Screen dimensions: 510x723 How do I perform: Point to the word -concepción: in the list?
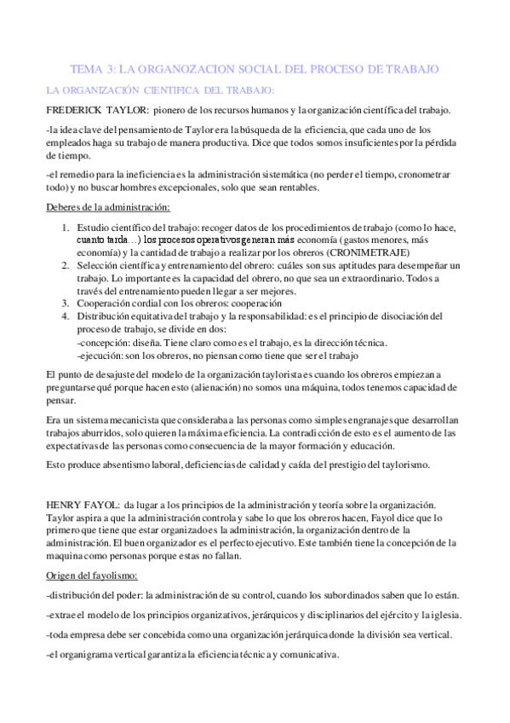pos(103,342)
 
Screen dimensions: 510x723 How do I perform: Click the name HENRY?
pos(64,506)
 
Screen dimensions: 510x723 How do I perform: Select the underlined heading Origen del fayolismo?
pos(95,576)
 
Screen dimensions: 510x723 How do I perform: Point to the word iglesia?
pos(443,614)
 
